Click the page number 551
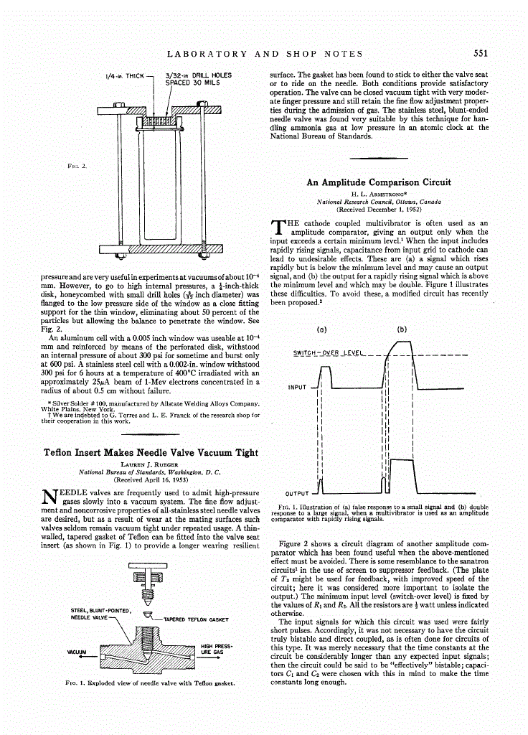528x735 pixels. click(x=481, y=53)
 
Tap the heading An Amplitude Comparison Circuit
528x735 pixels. click(x=379, y=182)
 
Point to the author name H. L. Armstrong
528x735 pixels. click(x=379, y=194)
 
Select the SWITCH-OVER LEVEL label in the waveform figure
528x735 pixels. click(x=329, y=352)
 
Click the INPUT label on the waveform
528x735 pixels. click(x=297, y=388)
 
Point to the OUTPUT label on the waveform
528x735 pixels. click(x=297, y=494)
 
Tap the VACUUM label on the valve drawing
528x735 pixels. click(x=77, y=652)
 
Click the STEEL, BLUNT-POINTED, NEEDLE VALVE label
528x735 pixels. click(x=99, y=614)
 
